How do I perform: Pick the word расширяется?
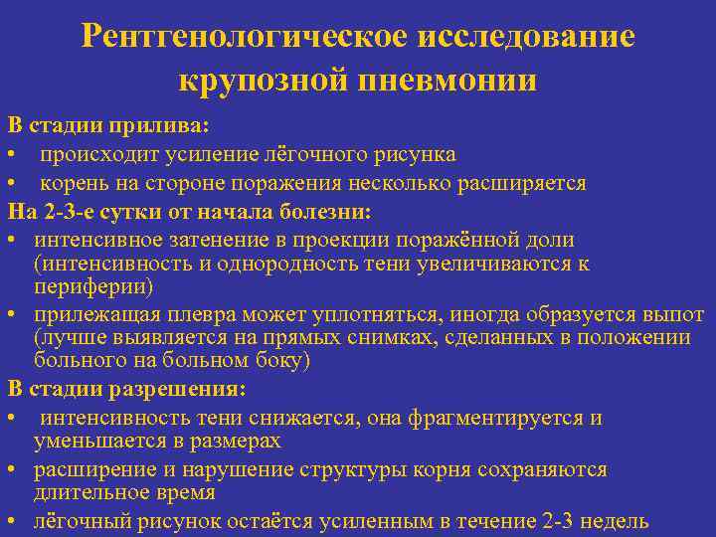530,184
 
